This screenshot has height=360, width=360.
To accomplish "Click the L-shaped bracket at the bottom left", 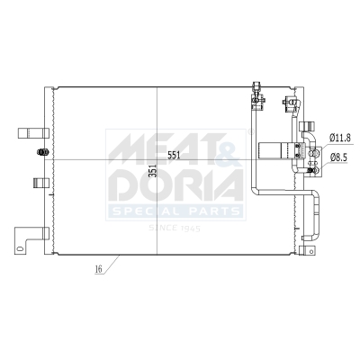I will point(29,240).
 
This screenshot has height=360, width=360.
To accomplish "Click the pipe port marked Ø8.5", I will point(314,159).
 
